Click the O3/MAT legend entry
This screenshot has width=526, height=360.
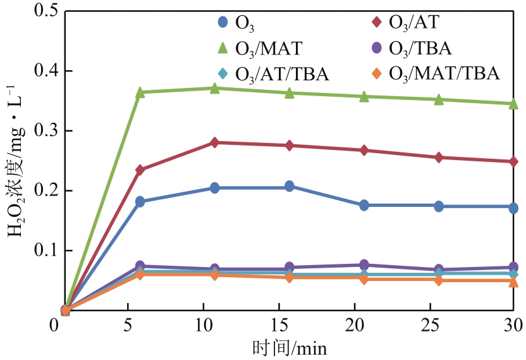click(x=260, y=47)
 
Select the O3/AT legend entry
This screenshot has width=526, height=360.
click(x=405, y=22)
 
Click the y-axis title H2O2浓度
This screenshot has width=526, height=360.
click(x=15, y=161)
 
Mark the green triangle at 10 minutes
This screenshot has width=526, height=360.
click(x=215, y=88)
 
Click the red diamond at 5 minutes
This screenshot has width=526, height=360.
click(x=140, y=170)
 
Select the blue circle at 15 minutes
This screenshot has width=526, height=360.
click(x=289, y=186)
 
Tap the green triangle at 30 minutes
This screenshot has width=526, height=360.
click(x=513, y=103)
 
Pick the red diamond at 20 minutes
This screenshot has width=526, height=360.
click(x=364, y=151)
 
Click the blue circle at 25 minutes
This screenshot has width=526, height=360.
click(x=439, y=206)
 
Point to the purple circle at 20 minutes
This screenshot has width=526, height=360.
click(x=364, y=264)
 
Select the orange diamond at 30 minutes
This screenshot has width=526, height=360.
click(x=513, y=280)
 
